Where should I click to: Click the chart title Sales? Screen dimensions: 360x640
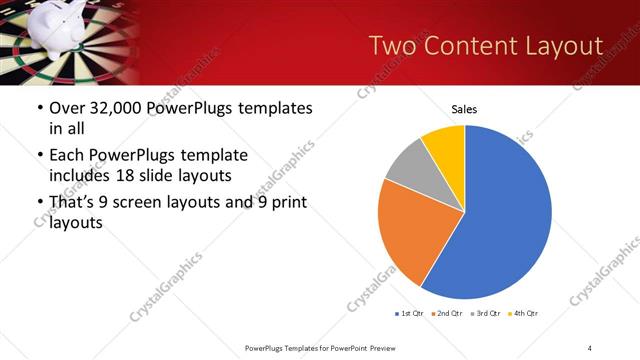(x=464, y=109)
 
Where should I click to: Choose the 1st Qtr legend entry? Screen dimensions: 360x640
(x=411, y=314)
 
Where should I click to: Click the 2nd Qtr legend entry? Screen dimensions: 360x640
(x=447, y=314)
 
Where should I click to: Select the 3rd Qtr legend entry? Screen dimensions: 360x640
(x=484, y=314)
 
